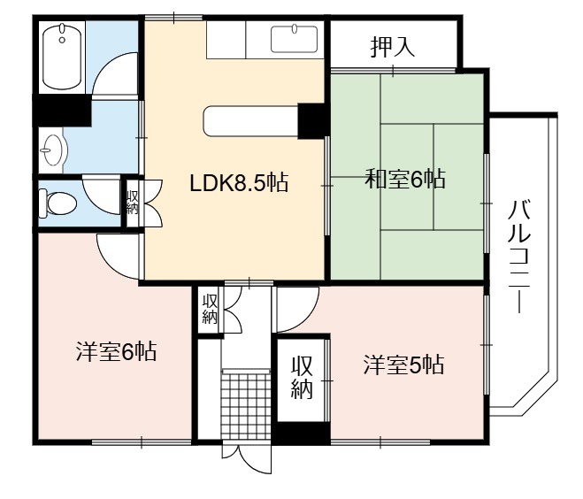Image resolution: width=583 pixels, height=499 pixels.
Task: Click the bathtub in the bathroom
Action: coord(62,57)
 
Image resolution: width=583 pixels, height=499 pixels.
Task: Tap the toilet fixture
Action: coord(58,203)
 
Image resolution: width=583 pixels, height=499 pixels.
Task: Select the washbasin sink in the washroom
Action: coord(52,150)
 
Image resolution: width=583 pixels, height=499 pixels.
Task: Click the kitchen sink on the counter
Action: coord(294,39)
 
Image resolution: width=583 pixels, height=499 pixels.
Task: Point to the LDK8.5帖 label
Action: coord(239,183)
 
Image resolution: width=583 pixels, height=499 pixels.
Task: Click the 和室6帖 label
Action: coord(405,179)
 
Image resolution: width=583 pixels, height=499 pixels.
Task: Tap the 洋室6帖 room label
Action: coord(116,351)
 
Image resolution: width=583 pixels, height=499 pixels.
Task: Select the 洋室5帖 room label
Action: coord(403,365)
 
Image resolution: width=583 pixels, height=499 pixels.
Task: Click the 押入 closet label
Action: coord(393,47)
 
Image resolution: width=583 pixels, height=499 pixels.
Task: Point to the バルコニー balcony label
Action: coord(519,256)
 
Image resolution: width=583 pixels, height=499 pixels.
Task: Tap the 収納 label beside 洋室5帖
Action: coord(302,377)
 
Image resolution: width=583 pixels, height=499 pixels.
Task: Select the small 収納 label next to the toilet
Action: coord(133,203)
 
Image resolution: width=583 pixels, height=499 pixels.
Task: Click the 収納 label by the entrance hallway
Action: coord(210,309)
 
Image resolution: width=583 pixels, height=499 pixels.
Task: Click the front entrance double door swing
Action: coord(247,458)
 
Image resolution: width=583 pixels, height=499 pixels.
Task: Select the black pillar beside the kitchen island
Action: coord(311,121)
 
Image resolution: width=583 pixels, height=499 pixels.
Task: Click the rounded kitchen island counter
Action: coord(251,121)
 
